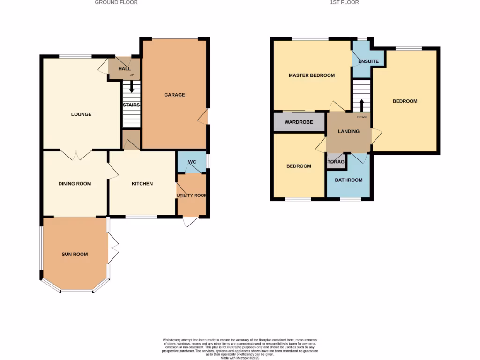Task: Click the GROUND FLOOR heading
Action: pos(116,2)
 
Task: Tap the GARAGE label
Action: pos(174,95)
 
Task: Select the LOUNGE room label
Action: pos(81,114)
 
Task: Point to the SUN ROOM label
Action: pos(75,254)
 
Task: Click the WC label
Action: pos(192,162)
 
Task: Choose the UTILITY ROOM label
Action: pos(192,195)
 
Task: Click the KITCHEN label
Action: pos(142,184)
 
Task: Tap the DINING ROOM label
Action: pos(75,184)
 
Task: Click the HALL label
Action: pos(124,69)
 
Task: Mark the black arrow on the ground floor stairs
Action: pos(131,87)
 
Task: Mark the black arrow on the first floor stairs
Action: pos(361,104)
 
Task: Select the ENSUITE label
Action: pos(368,61)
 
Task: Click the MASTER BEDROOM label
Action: pos(312,75)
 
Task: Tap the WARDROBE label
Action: pos(299,122)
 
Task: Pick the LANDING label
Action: pos(349,131)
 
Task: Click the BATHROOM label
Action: pos(349,180)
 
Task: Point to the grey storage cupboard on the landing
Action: pos(336,162)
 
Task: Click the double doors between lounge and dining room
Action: pos(75,154)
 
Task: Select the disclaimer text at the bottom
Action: pos(240,348)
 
